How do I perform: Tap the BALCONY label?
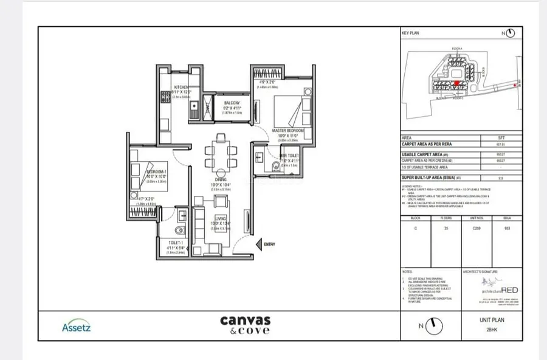click(232, 103)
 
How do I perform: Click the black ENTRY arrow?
click(256, 244)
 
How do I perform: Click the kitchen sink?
click(193, 109)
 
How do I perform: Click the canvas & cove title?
click(244, 325)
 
